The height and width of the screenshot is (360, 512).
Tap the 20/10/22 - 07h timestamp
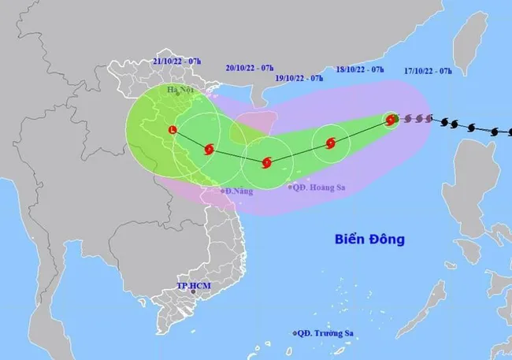(x=250, y=69)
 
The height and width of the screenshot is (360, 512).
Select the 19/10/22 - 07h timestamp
(x=299, y=79)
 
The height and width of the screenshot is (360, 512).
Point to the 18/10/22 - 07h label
(x=359, y=69)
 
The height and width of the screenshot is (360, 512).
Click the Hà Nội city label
(x=180, y=90)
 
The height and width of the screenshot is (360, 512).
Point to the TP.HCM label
(x=193, y=284)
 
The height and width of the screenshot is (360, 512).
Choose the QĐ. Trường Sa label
(x=325, y=334)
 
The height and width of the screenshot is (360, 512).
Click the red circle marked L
(x=173, y=130)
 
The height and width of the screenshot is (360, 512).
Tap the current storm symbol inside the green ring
(x=391, y=120)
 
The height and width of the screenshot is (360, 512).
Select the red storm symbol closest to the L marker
(x=209, y=149)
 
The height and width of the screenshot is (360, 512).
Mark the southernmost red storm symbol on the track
(x=267, y=163)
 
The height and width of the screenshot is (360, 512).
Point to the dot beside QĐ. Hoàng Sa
(x=291, y=187)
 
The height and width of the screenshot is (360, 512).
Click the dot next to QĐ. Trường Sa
(x=295, y=334)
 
